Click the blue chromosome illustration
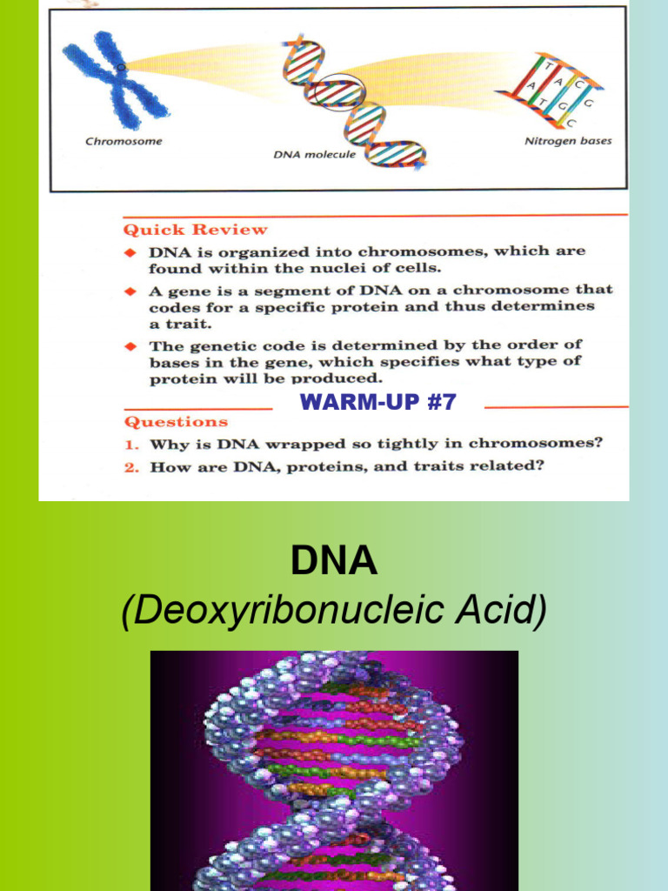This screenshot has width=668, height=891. (117, 81)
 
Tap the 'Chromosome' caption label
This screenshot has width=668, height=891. (124, 141)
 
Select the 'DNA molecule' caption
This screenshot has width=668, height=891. (314, 154)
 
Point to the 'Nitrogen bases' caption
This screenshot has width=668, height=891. (568, 141)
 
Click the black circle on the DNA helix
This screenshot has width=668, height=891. (336, 90)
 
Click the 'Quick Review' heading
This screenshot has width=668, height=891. (196, 231)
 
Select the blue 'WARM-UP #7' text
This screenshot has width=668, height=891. (377, 402)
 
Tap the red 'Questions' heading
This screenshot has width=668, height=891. (176, 422)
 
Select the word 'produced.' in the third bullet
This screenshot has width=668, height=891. (337, 379)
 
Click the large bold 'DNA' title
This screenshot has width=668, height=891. (334, 563)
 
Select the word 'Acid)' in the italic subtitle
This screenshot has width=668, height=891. (504, 612)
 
